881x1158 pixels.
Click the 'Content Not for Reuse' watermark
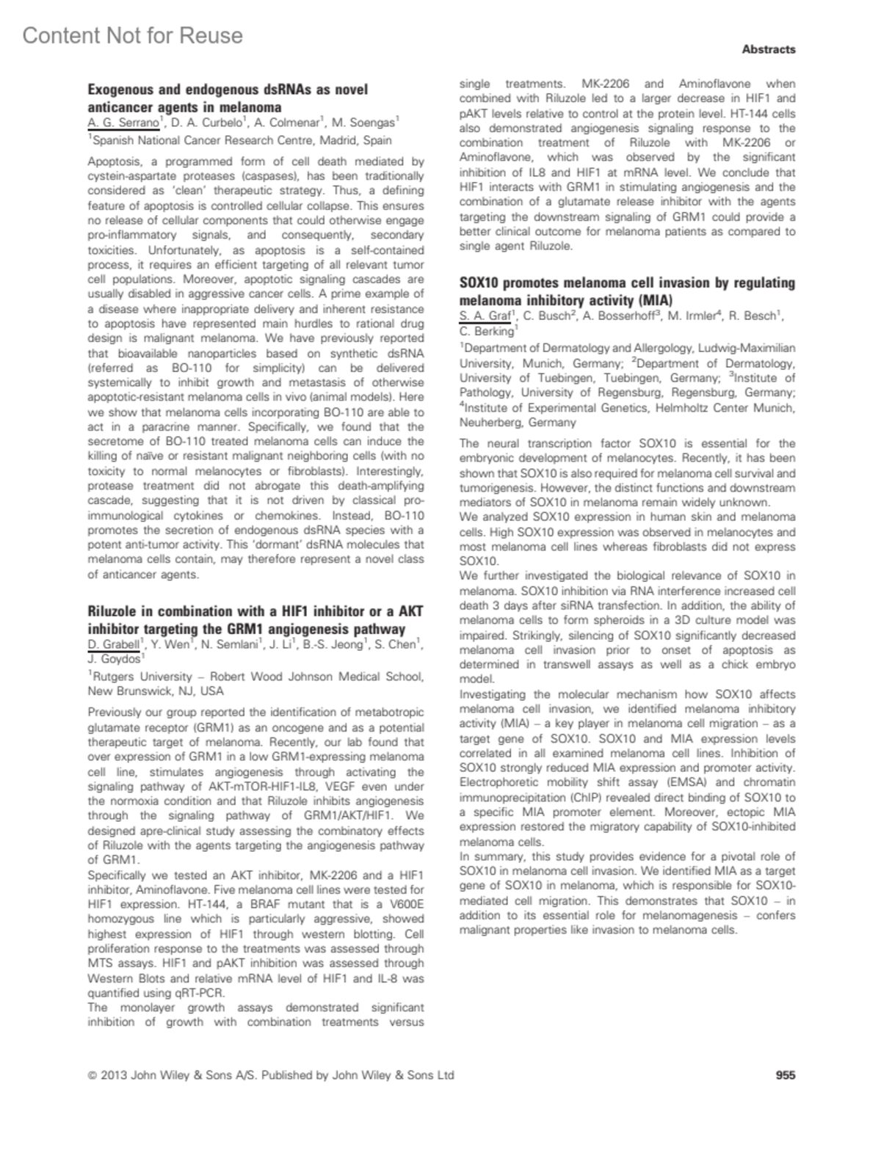132,35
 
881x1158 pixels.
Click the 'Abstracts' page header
768,49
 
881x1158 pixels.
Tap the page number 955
786,1075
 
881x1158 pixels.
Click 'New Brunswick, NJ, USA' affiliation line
156,691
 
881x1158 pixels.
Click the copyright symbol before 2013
93,1075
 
